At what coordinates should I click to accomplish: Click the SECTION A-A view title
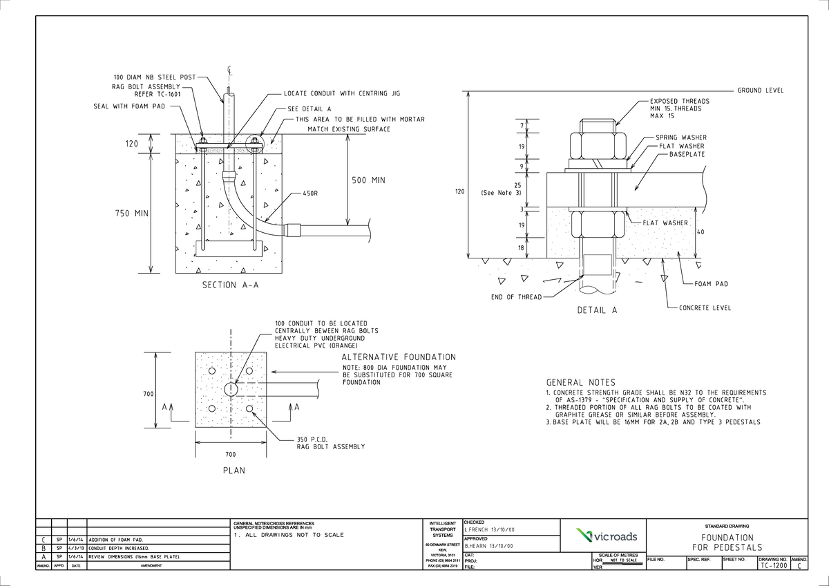click(x=230, y=285)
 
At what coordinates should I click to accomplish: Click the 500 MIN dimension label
click(x=368, y=180)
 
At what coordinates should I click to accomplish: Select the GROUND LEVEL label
click(x=761, y=91)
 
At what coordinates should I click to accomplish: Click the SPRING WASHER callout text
click(x=680, y=138)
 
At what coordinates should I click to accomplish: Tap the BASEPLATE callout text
click(x=687, y=153)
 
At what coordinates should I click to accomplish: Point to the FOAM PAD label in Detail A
click(x=711, y=284)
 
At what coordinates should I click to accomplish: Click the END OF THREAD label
click(x=515, y=298)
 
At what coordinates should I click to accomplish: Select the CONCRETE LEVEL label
click(x=705, y=308)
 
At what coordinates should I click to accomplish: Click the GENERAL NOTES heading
click(x=580, y=382)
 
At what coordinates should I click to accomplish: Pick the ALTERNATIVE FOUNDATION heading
click(x=399, y=357)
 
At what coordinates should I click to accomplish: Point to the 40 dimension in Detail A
click(x=700, y=232)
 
